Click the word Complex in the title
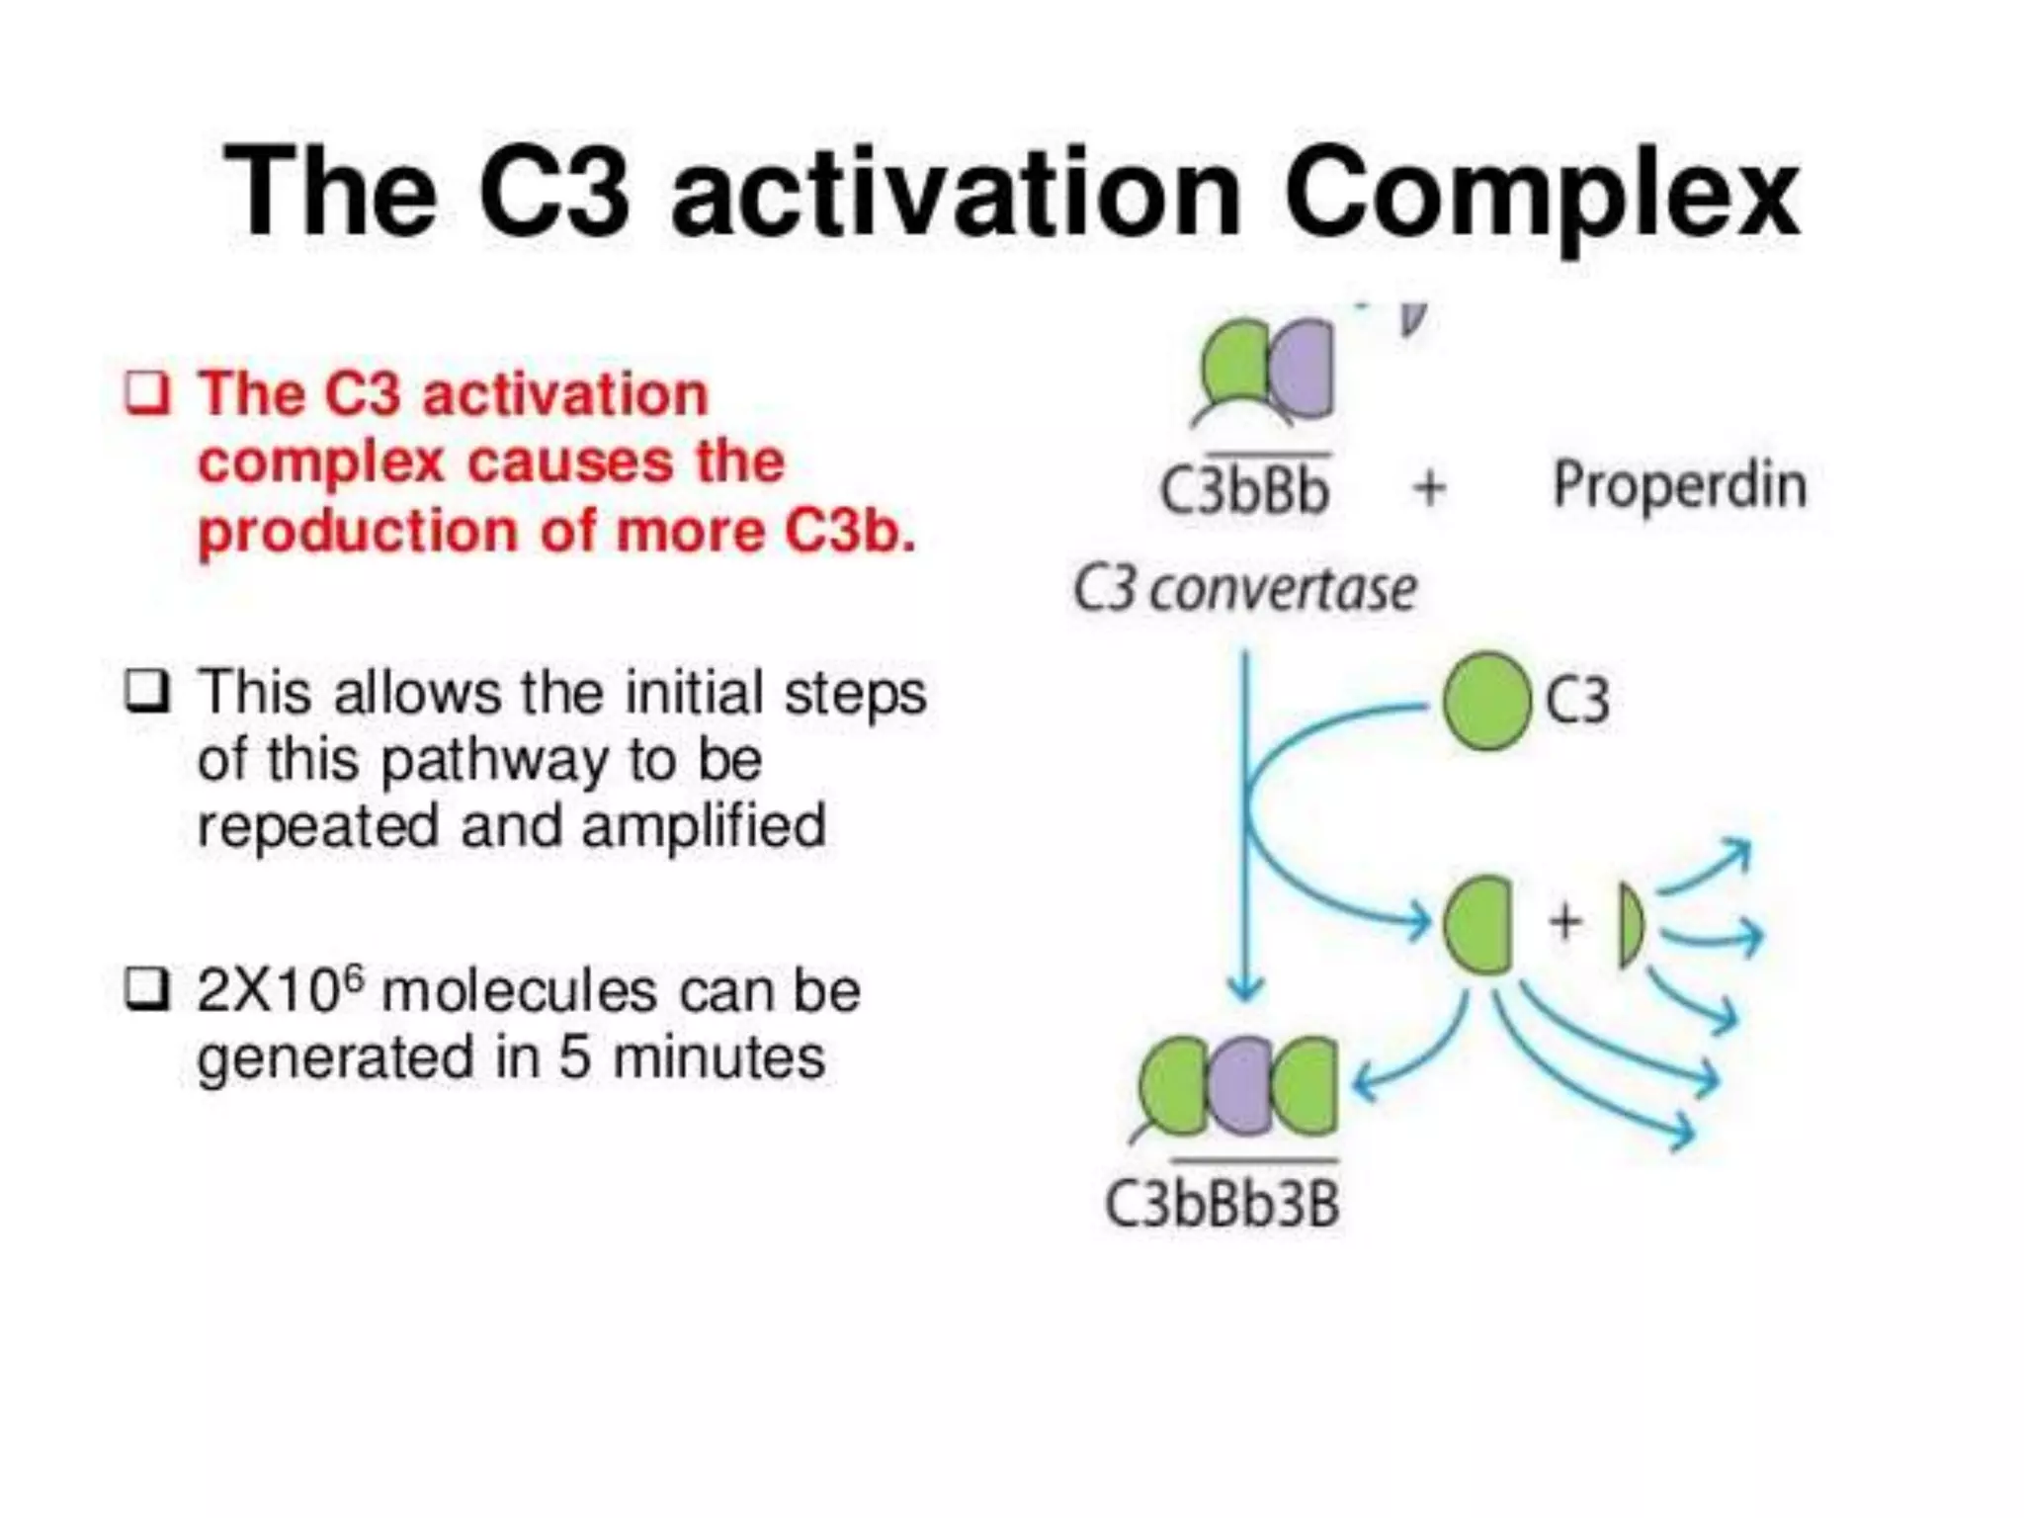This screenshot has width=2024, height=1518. tap(1542, 193)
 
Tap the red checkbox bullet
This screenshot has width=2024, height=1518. tap(147, 394)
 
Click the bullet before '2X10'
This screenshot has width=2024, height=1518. tap(147, 989)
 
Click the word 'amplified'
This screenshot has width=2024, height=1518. tap(704, 826)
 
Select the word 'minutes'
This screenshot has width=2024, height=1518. tap(718, 1057)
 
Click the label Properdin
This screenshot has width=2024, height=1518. tap(1679, 485)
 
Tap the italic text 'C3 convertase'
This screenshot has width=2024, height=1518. tap(1244, 590)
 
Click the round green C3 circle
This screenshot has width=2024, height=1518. tap(1485, 702)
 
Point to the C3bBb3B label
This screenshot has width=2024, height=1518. tap(1222, 1204)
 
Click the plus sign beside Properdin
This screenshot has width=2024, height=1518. tap(1429, 487)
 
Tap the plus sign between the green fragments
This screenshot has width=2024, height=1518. tap(1564, 921)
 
